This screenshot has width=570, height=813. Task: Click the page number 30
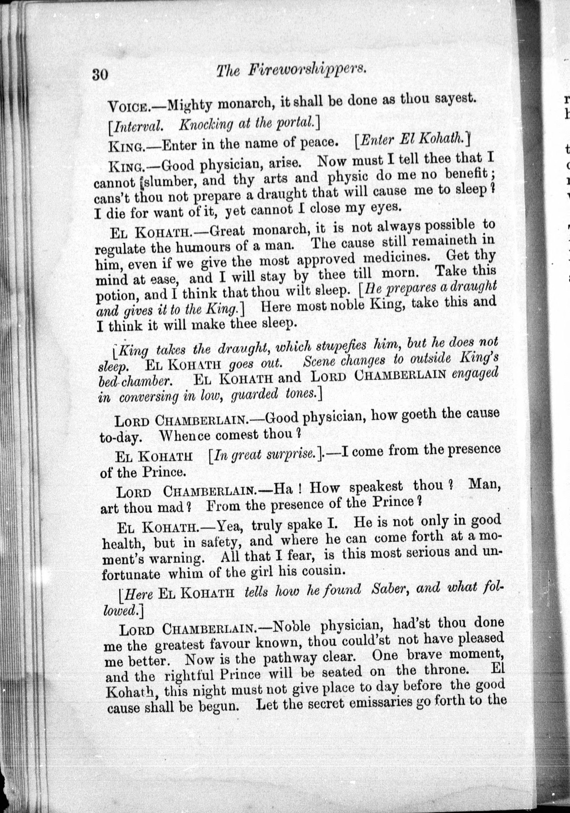click(x=100, y=75)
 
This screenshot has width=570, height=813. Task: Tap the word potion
click(x=115, y=296)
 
